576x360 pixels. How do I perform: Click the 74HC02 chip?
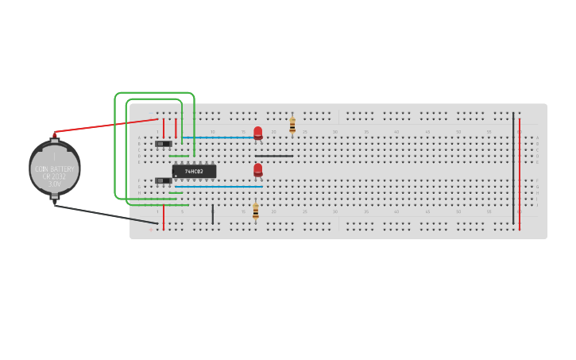tap(194, 172)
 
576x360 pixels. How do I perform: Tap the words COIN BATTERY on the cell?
tap(55, 169)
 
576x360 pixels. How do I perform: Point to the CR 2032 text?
tap(55, 176)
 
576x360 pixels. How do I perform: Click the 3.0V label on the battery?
tap(55, 184)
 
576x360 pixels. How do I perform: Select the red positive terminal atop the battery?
tap(55, 136)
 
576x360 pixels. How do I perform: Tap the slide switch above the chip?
tap(163, 144)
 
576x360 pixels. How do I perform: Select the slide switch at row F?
tap(163, 180)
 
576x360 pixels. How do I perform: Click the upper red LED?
tap(257, 132)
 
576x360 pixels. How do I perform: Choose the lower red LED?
tap(257, 169)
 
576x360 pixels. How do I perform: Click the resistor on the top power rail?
tap(292, 125)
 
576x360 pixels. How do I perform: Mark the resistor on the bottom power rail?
tap(255, 211)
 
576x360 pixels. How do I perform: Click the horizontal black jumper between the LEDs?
tap(274, 156)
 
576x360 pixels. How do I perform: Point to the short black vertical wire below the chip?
tap(212, 214)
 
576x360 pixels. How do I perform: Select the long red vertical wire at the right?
tap(520, 171)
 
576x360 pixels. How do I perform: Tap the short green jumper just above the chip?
tap(179, 156)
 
